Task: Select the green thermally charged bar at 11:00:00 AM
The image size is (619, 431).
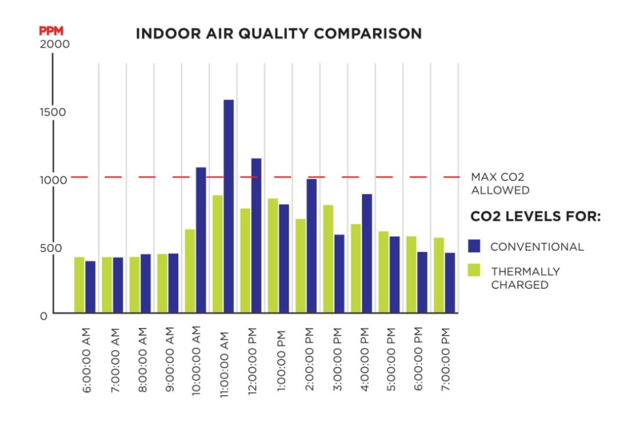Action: (x=218, y=254)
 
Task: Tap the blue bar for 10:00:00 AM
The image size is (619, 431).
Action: (x=201, y=240)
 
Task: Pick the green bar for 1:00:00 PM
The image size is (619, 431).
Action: (x=273, y=256)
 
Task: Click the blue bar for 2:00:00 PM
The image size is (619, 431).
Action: (x=312, y=246)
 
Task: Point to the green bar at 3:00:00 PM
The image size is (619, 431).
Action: (x=328, y=259)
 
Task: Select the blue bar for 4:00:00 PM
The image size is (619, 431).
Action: (x=367, y=253)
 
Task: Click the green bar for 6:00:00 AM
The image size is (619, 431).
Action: (x=79, y=285)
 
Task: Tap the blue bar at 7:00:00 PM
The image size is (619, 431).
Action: (x=450, y=282)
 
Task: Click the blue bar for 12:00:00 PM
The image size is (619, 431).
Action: (x=256, y=235)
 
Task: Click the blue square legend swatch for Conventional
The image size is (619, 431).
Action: (x=475, y=246)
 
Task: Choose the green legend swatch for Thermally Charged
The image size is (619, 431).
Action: (x=475, y=271)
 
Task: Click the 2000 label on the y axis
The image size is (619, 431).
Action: (x=54, y=44)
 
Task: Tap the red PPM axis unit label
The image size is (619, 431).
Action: (x=51, y=31)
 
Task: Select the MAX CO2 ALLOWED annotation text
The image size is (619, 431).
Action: (x=500, y=183)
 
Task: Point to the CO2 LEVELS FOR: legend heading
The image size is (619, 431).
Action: (x=535, y=217)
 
